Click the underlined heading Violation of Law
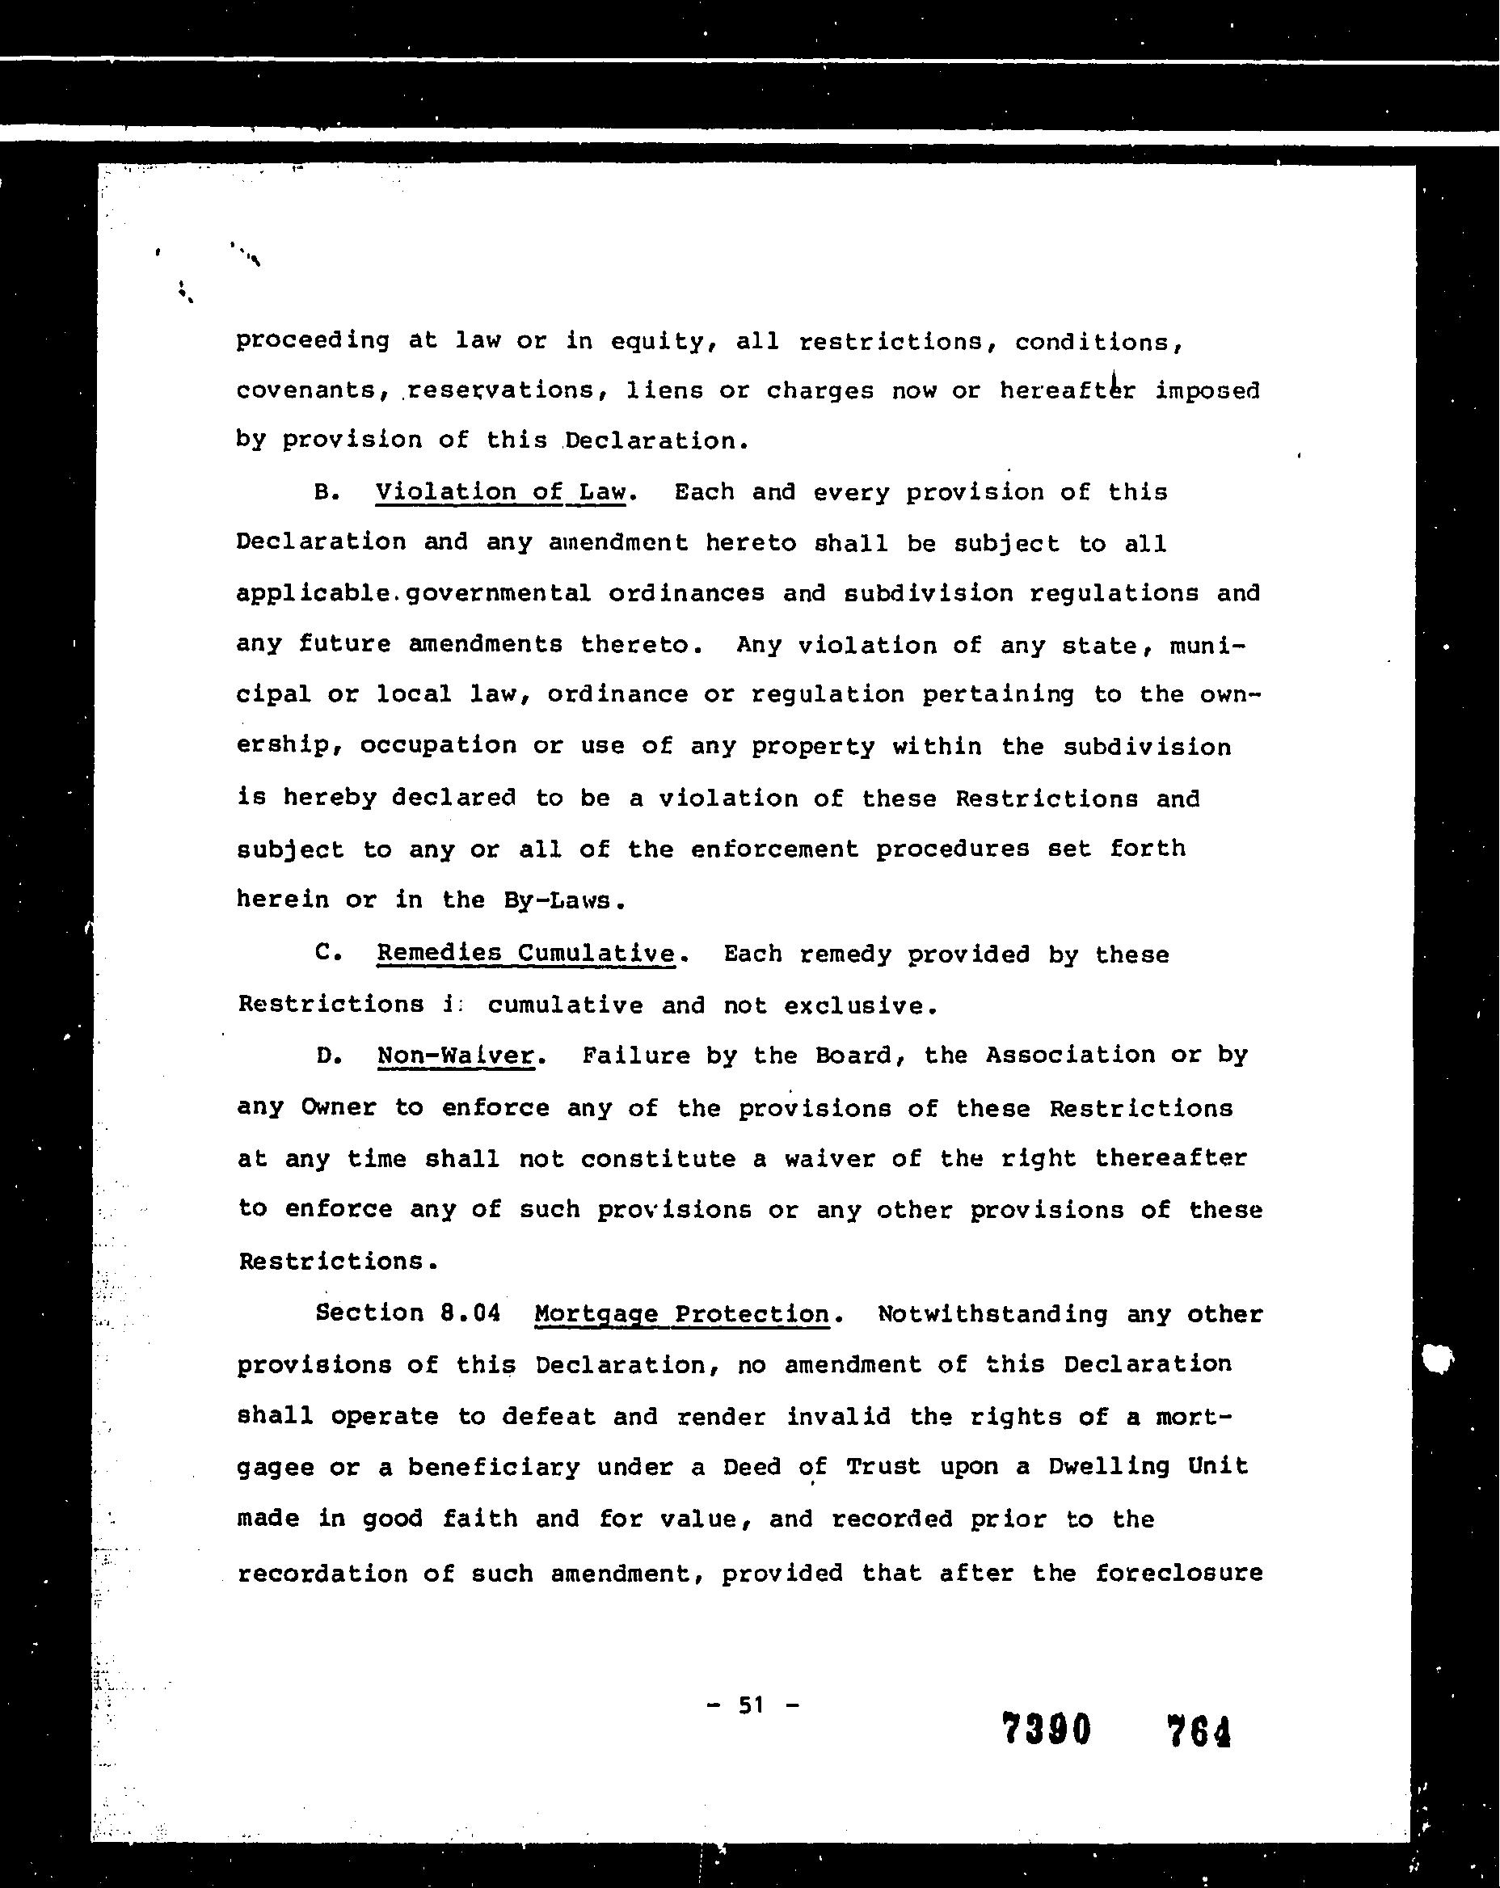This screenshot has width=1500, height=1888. point(501,492)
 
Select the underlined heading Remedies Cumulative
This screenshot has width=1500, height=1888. point(525,953)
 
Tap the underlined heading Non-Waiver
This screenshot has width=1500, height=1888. point(455,1056)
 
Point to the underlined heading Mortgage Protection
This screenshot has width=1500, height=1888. point(681,1313)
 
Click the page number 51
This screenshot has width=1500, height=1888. point(752,1705)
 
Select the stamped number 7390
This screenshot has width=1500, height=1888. point(1047,1730)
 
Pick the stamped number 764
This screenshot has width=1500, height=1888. point(1199,1731)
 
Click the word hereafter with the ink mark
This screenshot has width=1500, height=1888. point(1068,390)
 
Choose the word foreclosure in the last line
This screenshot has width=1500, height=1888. point(1178,1573)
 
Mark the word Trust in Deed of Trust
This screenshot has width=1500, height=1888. point(883,1467)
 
